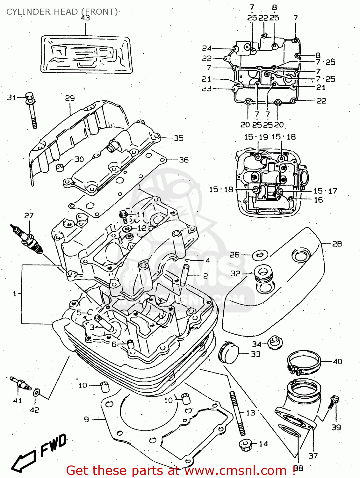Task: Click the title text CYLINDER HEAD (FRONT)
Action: [62, 12]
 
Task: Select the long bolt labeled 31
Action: [32, 110]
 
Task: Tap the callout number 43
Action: [85, 18]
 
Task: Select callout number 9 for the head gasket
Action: [86, 419]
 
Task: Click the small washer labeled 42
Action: [37, 392]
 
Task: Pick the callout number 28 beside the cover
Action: [337, 244]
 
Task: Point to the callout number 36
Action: [184, 160]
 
